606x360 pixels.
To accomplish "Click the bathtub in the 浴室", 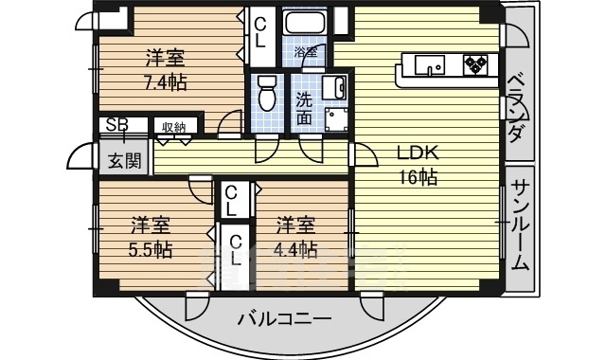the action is [x=305, y=22].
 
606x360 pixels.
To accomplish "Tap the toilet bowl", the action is [x=266, y=93].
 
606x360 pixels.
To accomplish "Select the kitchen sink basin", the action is [x=429, y=65].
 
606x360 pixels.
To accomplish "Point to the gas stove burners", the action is [x=475, y=64].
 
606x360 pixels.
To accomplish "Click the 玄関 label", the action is [x=124, y=160].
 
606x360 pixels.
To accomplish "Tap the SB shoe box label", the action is [x=117, y=124].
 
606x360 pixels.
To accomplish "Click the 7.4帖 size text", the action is [x=166, y=82].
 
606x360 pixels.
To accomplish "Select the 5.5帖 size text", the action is [x=151, y=250].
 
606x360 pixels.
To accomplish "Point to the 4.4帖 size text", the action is [x=295, y=249].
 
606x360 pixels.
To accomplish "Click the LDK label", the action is [x=419, y=153].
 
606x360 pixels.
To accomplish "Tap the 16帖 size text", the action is [x=419, y=178].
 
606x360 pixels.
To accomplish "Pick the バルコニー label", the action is [x=284, y=318].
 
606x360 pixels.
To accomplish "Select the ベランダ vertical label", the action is [x=515, y=109].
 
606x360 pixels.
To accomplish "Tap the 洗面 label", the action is [x=304, y=110].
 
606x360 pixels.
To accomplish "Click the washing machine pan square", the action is [x=336, y=119].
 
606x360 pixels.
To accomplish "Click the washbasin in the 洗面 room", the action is [x=334, y=88].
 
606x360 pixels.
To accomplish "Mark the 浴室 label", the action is [x=306, y=52].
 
